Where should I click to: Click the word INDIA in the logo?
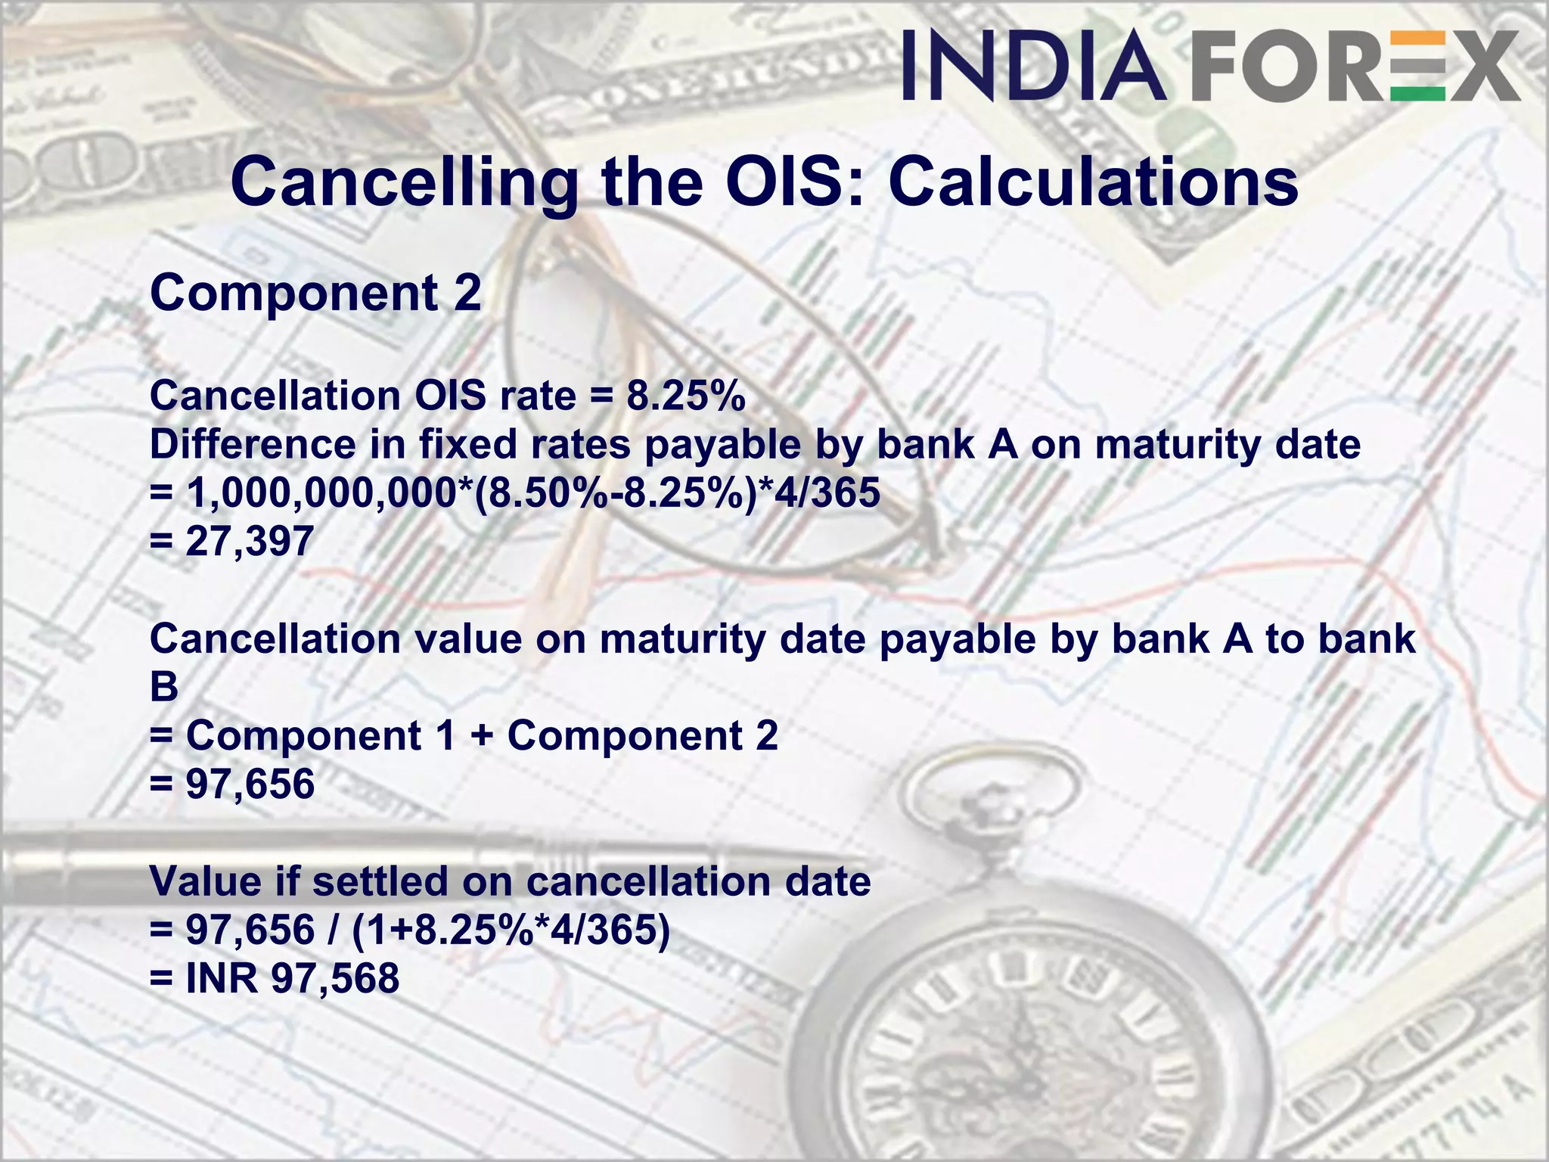[x=1033, y=66]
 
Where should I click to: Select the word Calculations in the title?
[x=1093, y=183]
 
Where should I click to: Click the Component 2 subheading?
[x=315, y=293]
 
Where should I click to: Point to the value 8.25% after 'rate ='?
[x=685, y=396]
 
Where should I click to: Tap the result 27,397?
[x=250, y=541]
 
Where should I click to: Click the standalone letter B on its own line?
[x=164, y=687]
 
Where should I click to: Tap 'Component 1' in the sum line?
[x=321, y=735]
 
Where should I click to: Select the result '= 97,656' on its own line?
[x=233, y=784]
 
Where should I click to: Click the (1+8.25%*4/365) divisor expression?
[x=511, y=930]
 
